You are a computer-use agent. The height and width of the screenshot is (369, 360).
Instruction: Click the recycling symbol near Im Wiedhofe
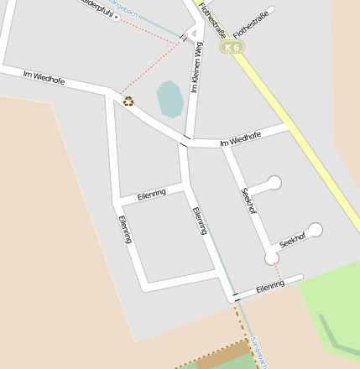(x=128, y=101)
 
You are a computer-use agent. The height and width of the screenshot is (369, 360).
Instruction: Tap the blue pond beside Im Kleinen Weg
(x=170, y=99)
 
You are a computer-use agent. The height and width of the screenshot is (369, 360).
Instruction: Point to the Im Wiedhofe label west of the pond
(x=44, y=78)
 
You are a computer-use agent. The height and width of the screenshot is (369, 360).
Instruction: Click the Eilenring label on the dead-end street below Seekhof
(x=271, y=286)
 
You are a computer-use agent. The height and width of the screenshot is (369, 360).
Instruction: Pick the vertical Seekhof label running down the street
(x=248, y=200)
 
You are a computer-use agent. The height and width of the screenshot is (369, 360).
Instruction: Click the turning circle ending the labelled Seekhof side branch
(x=315, y=229)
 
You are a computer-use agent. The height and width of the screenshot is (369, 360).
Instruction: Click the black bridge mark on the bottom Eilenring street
(x=237, y=296)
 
